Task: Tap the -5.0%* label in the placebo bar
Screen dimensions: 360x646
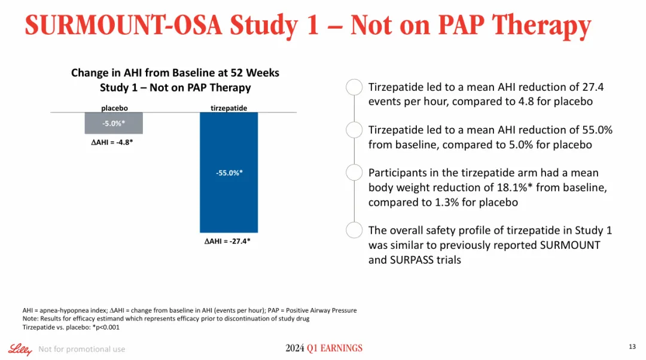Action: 114,123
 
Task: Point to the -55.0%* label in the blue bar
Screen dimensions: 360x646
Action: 229,173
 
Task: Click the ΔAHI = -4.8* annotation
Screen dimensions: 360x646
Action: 108,143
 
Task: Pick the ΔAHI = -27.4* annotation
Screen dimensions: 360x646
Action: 227,242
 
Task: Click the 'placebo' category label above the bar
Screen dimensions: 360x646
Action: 114,108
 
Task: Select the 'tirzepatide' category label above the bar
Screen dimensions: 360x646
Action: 228,108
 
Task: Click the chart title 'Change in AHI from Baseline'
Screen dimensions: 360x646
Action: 175,73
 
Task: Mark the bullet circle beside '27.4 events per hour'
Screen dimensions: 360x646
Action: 354,87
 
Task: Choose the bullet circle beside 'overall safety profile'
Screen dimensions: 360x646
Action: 354,230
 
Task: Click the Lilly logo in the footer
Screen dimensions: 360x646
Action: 20,349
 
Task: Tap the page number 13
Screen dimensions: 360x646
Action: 632,347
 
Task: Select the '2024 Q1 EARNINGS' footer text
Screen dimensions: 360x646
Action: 324,349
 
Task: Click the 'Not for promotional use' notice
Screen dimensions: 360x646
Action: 81,349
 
